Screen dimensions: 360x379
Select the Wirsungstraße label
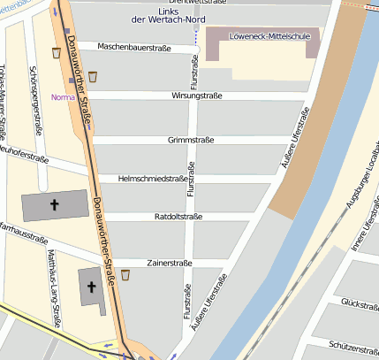click(x=185, y=95)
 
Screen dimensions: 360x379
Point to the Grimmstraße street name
click(x=192, y=140)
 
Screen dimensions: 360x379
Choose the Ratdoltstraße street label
click(x=178, y=217)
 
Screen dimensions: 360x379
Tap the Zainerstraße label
click(x=170, y=263)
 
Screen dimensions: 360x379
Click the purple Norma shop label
click(x=63, y=97)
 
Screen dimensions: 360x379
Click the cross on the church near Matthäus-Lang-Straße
click(x=91, y=286)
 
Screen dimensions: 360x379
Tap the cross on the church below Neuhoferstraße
click(x=54, y=205)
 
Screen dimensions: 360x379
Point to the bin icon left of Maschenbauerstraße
click(x=57, y=53)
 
